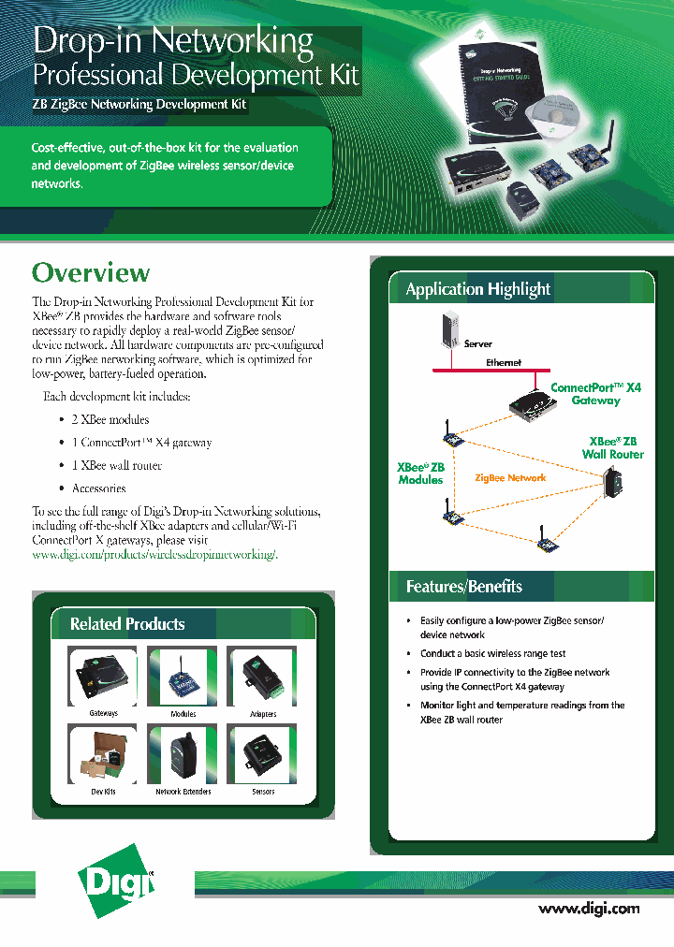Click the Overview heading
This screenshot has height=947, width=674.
coord(91,272)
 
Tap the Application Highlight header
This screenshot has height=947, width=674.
coord(477,289)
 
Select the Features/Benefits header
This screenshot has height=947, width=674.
coord(463,587)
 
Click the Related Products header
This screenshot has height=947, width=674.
coord(127,624)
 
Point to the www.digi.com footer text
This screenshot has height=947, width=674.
coord(589,909)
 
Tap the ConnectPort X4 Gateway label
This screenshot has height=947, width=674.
coord(595,393)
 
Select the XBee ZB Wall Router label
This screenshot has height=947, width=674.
coord(613,447)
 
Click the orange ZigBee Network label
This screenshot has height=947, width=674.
coord(510,478)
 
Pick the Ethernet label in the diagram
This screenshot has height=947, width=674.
coord(504,362)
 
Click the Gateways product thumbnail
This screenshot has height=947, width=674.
coord(103,676)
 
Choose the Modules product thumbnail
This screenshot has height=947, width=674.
coord(183,676)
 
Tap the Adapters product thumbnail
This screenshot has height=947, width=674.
coord(263,676)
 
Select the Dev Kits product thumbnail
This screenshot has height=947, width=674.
coord(103,753)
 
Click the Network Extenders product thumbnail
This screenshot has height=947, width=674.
coord(183,753)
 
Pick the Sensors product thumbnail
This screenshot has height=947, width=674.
coord(263,753)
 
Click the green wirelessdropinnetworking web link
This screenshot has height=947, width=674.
coord(154,555)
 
